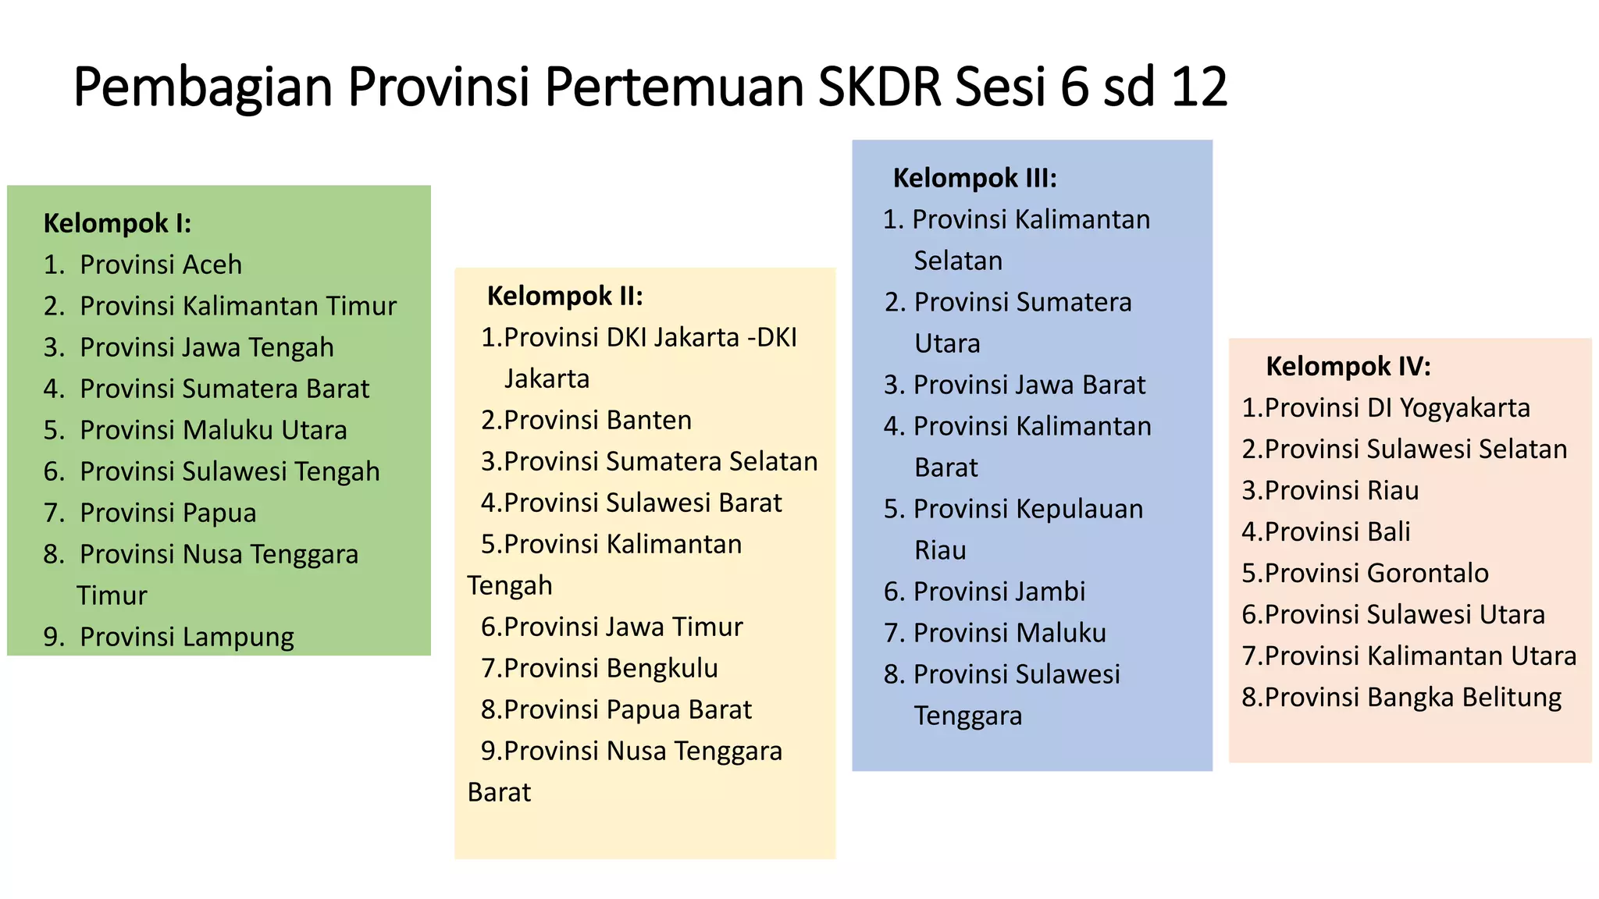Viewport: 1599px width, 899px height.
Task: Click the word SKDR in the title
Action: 879,86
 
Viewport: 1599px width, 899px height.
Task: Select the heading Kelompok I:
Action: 117,223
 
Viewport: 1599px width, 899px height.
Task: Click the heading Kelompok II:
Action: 564,296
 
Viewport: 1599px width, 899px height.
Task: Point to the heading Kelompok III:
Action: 974,178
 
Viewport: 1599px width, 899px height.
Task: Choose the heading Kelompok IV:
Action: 1348,366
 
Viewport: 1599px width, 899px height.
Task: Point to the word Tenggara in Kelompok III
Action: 967,716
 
